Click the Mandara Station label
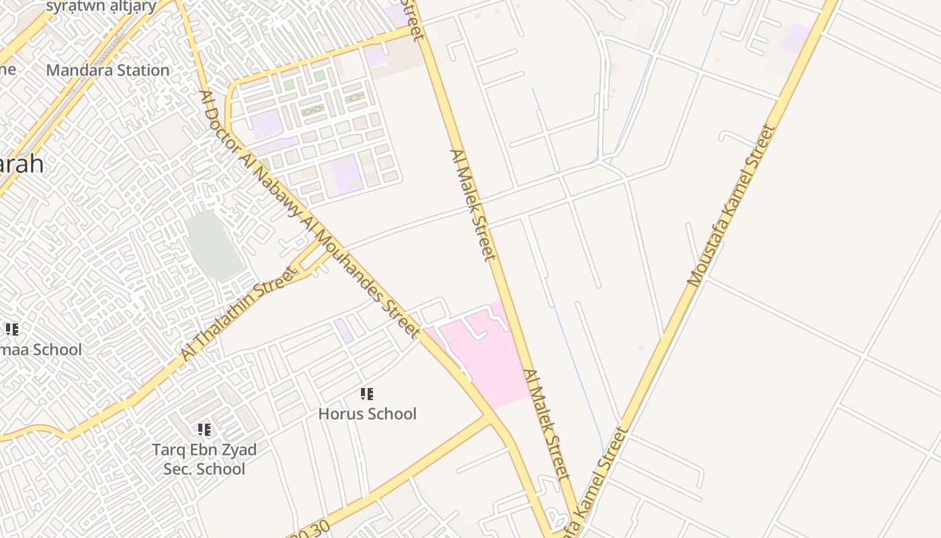point(108,70)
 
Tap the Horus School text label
point(367,414)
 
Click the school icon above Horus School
point(367,394)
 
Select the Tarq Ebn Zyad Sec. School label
point(204,459)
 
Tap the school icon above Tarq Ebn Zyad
point(204,430)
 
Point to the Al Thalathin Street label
point(239,314)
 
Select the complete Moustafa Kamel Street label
point(731,205)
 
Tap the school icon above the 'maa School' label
point(12,330)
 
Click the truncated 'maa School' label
point(40,350)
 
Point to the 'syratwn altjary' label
point(101,7)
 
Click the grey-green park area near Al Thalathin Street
point(214,245)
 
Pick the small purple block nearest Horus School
point(344,330)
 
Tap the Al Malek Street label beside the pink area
point(546,424)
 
